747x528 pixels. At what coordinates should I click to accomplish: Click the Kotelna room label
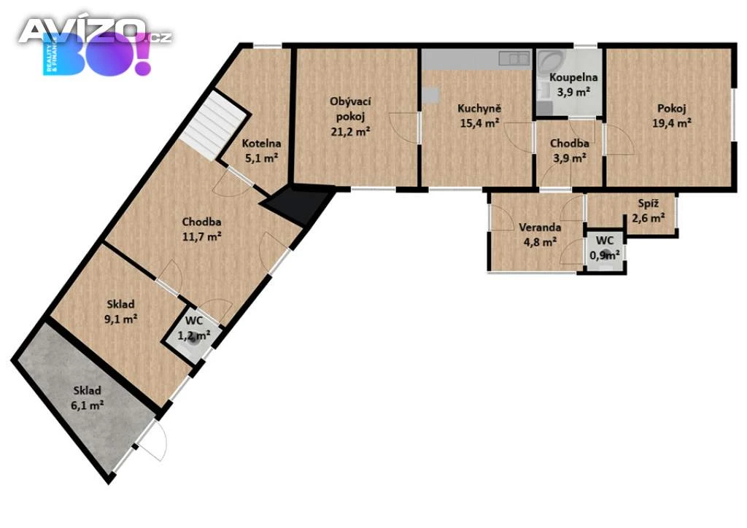261,144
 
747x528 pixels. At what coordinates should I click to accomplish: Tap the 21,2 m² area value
350,131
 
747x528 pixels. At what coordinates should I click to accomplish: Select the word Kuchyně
479,109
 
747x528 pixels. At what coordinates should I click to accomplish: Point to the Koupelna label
573,77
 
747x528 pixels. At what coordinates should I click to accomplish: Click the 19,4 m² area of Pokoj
672,123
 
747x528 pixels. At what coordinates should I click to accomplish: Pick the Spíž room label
649,203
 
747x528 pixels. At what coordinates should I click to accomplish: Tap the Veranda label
540,227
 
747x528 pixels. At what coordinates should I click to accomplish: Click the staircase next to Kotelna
214,125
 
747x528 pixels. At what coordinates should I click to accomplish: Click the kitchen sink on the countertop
514,58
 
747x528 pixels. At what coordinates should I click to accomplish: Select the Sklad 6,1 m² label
88,398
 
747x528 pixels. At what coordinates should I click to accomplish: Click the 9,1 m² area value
120,319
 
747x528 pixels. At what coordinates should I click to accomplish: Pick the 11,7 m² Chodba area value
201,236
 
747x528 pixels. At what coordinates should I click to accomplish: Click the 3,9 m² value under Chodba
569,158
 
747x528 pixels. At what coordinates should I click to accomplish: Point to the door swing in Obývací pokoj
404,127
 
